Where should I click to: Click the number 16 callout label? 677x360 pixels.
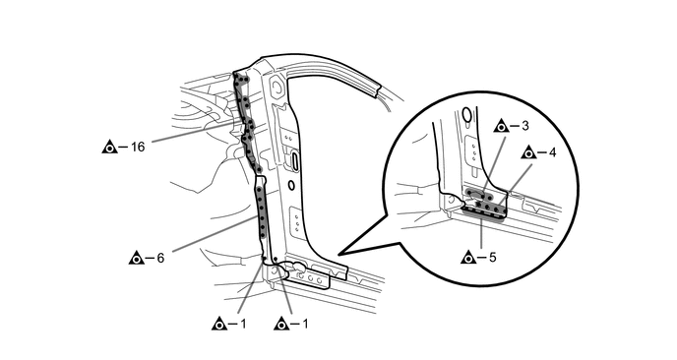[x=138, y=147]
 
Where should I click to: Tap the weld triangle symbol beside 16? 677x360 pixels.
[x=109, y=148]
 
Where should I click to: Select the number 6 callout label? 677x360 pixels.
[x=160, y=258]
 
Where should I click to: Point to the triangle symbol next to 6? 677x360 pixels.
[x=137, y=258]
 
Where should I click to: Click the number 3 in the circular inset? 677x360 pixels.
[x=525, y=126]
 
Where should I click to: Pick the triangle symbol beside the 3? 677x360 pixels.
[x=501, y=126]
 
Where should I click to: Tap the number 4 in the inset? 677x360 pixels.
[x=553, y=152]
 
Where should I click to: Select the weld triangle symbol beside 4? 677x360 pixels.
[x=529, y=152]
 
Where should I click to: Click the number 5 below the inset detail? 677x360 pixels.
[x=493, y=258]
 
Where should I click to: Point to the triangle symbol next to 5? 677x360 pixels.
[x=468, y=258]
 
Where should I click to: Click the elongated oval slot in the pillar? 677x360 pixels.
[x=294, y=159]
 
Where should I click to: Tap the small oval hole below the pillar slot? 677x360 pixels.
[x=291, y=186]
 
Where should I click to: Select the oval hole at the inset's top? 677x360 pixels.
[x=466, y=115]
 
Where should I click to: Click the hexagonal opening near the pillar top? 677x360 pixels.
[x=276, y=87]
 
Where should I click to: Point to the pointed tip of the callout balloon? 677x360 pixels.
[x=338, y=254]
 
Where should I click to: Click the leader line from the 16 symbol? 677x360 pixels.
[x=193, y=132]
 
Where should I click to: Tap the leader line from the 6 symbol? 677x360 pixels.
[x=215, y=233]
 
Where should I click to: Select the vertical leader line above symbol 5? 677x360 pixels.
[x=481, y=233]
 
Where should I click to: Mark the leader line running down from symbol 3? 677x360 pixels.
[x=494, y=163]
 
